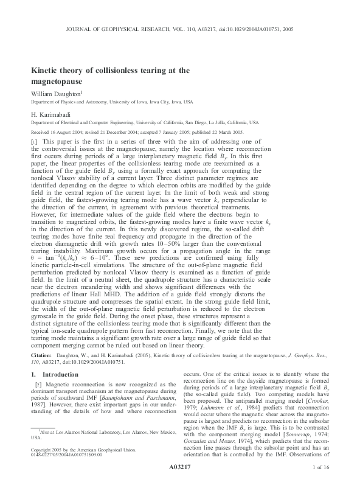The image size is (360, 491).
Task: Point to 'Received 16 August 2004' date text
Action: coord(59,131)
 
